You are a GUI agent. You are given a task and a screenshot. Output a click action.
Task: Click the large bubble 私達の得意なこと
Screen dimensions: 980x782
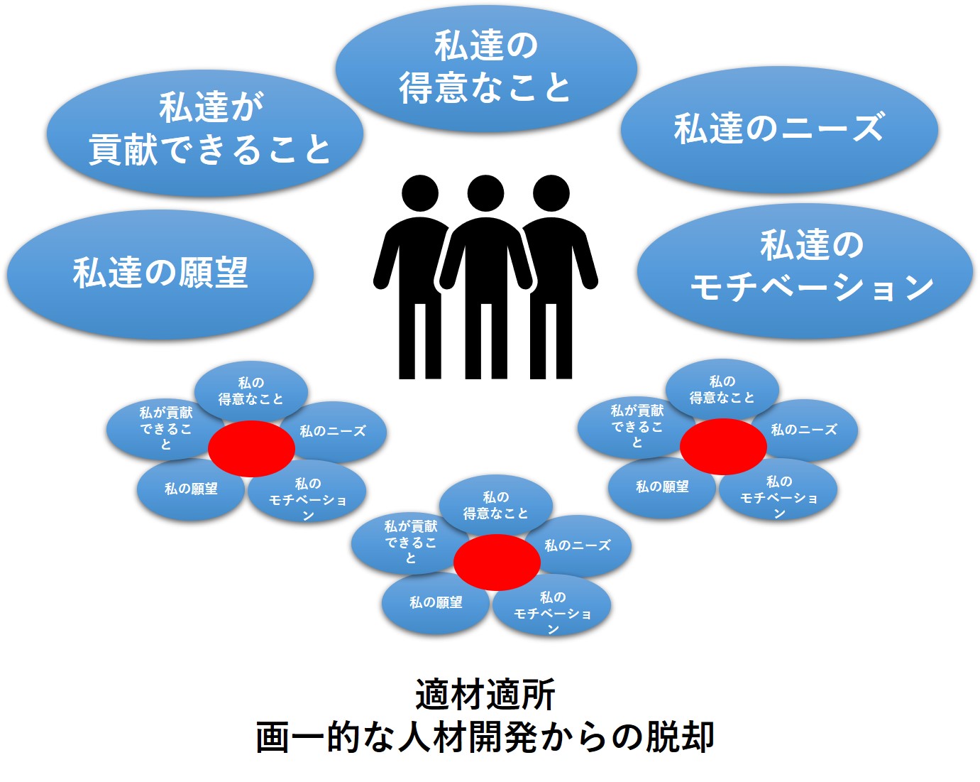tap(486, 68)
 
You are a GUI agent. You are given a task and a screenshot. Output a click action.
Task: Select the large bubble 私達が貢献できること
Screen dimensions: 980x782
tap(205, 133)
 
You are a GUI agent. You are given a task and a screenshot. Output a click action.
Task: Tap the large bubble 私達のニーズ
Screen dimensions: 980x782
tap(779, 129)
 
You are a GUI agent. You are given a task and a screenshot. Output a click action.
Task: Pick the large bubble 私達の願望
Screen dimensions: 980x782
tap(160, 274)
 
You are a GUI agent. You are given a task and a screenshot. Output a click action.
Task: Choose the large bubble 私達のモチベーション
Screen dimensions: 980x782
tap(805, 271)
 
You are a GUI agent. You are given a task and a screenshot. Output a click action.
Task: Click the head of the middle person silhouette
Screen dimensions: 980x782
tap(485, 193)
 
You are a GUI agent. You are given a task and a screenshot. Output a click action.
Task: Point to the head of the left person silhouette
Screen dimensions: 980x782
tap(420, 193)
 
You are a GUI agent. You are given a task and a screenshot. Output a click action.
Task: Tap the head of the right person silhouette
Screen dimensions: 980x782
tap(551, 193)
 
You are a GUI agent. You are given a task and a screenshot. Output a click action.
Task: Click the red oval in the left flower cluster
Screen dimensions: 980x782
tap(251, 449)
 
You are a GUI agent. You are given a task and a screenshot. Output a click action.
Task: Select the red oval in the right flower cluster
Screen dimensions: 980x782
tap(723, 447)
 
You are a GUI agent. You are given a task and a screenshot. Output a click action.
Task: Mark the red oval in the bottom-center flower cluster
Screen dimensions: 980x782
tap(497, 563)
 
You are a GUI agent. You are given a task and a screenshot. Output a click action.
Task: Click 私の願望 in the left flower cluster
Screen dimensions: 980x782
tap(191, 489)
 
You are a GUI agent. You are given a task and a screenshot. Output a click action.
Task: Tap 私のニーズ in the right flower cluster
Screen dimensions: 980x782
tap(804, 430)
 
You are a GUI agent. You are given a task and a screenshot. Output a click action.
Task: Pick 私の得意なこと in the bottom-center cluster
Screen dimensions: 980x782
tap(496, 505)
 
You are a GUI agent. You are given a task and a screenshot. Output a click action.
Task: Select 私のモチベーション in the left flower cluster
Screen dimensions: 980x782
tap(307, 492)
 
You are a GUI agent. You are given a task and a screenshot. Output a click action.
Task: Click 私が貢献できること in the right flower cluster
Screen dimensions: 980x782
tap(637, 427)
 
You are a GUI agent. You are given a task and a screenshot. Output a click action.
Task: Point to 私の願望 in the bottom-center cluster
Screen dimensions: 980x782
tap(436, 603)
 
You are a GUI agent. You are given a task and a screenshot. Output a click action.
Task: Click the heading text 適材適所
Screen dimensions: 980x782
tap(485, 694)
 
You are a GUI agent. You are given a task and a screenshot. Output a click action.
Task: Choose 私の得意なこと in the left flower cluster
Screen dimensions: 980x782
tap(251, 391)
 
